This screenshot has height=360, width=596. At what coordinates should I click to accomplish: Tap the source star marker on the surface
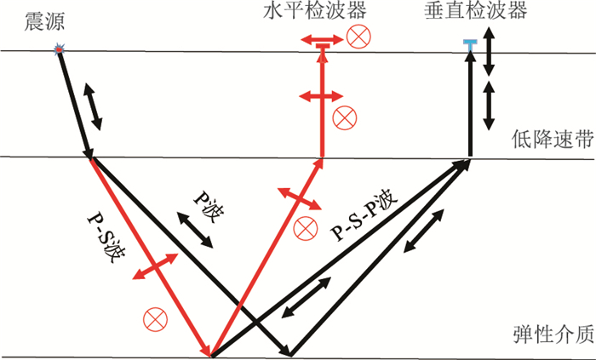click(x=59, y=51)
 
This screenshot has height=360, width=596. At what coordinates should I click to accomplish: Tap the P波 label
click(x=203, y=203)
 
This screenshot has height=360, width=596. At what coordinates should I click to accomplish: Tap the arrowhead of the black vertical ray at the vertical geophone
click(x=469, y=63)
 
